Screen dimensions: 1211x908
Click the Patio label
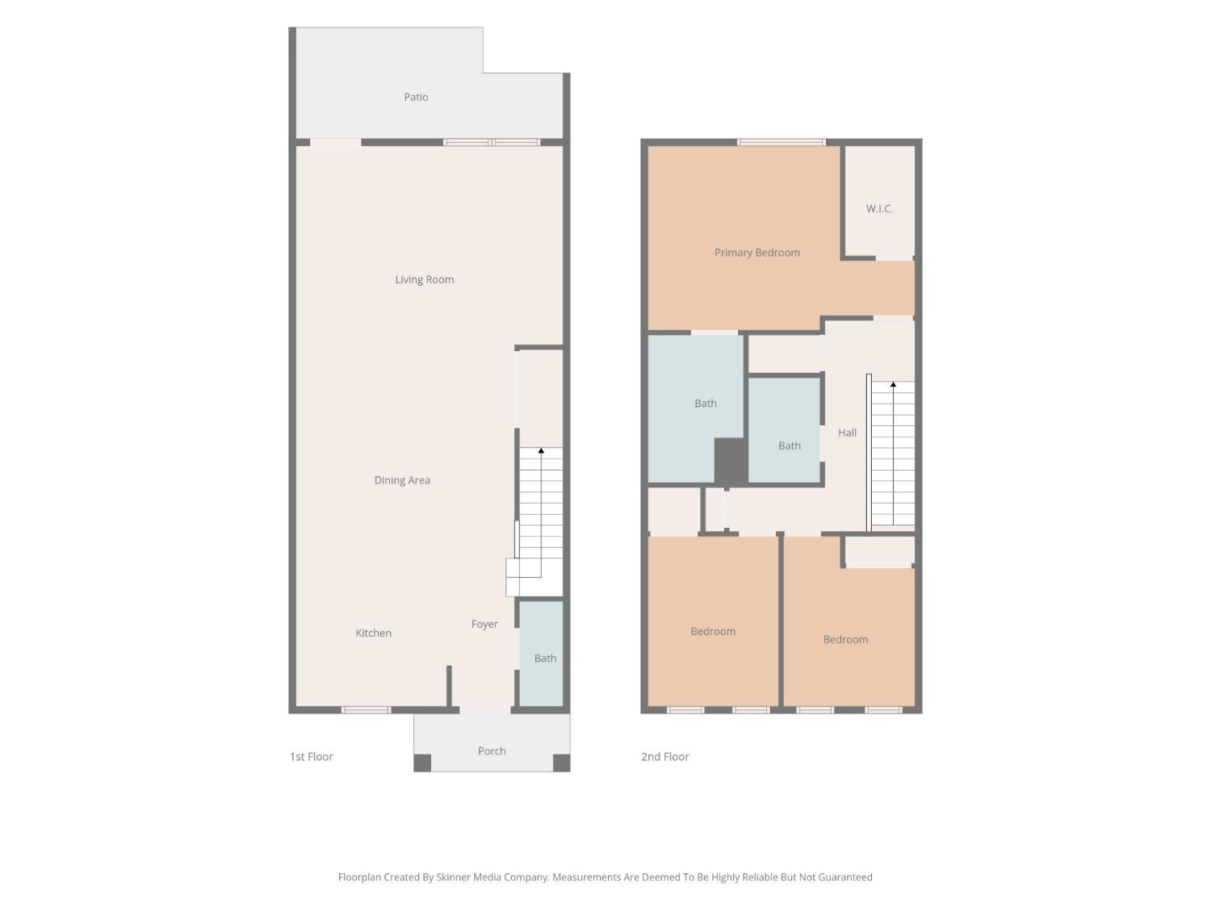416,97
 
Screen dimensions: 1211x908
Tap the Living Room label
425,279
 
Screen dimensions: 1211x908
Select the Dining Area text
402,480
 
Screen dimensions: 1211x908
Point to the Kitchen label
374,633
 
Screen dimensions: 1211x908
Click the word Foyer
484,624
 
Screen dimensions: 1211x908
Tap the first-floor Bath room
542,653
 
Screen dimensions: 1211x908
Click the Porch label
492,751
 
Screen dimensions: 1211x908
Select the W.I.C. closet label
879,208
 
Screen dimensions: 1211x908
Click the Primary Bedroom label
757,253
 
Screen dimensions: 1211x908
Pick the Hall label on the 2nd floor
848,433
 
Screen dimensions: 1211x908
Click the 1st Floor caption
311,756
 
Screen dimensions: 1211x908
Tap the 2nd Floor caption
664,756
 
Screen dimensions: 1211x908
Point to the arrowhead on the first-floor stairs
541,451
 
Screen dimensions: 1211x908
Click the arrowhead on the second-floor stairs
893,384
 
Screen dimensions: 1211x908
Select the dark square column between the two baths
731,461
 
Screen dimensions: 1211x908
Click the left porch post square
422,763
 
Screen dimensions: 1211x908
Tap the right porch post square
562,763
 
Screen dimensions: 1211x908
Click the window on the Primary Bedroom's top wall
781,142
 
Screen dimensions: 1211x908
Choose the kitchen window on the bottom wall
366,710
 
